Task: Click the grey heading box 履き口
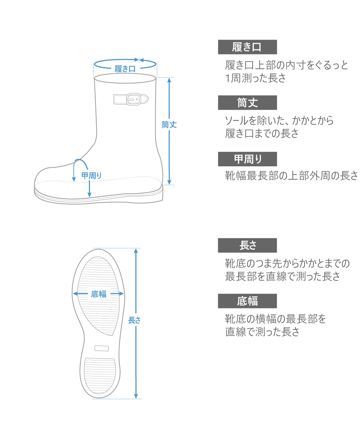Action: click(247, 47)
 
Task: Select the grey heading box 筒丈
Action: click(247, 103)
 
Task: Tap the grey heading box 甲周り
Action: click(247, 159)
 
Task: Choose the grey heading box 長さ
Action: click(247, 246)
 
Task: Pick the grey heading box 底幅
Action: click(247, 301)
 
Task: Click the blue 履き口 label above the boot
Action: click(125, 69)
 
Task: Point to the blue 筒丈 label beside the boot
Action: click(169, 125)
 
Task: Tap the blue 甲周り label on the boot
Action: click(91, 176)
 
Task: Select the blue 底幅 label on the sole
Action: click(99, 294)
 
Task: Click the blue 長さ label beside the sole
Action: click(134, 320)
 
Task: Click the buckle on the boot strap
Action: click(134, 99)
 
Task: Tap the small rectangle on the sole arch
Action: click(102, 348)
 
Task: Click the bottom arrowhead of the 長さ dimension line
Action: click(136, 396)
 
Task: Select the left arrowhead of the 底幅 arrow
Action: click(75, 294)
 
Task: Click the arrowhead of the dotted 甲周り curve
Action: click(74, 179)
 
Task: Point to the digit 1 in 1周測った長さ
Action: click(227, 78)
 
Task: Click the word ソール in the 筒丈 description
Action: click(236, 121)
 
